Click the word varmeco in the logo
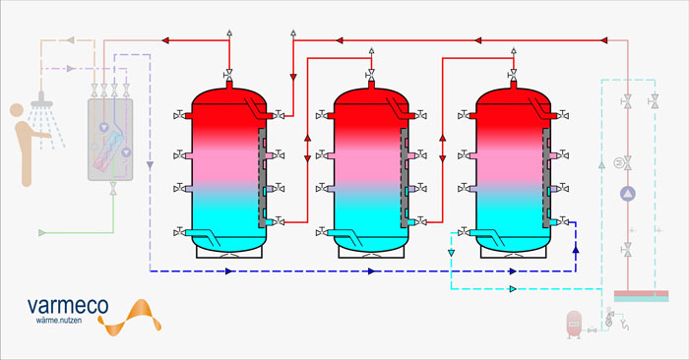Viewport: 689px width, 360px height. tap(68, 306)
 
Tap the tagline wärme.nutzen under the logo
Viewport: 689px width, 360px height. tap(59, 321)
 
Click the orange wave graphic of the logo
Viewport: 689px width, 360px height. tap(129, 317)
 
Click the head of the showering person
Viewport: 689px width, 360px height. tap(17, 110)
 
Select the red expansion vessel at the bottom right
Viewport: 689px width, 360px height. tap(574, 325)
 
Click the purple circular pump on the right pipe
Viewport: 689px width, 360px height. tap(628, 194)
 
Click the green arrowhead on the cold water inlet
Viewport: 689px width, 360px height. tap(42, 233)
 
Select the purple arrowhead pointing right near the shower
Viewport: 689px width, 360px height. tap(70, 69)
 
